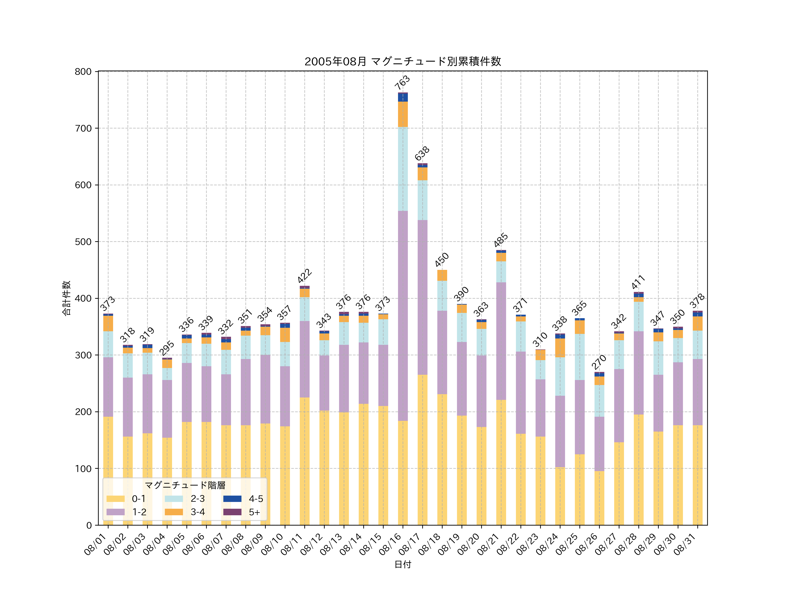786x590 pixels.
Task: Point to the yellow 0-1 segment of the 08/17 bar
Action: pyautogui.click(x=422, y=450)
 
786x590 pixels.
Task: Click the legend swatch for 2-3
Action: pyautogui.click(x=174, y=499)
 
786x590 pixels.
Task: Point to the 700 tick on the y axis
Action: pyautogui.click(x=83, y=128)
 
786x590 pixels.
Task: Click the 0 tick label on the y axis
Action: pyautogui.click(x=89, y=525)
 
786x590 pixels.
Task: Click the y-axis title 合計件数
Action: pyautogui.click(x=66, y=298)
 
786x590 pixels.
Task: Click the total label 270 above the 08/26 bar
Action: pyautogui.click(x=599, y=362)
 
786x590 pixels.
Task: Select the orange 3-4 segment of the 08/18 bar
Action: pyautogui.click(x=442, y=276)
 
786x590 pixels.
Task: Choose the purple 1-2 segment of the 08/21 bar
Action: pyautogui.click(x=501, y=341)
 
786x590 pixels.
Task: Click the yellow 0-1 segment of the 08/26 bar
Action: pyautogui.click(x=599, y=498)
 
